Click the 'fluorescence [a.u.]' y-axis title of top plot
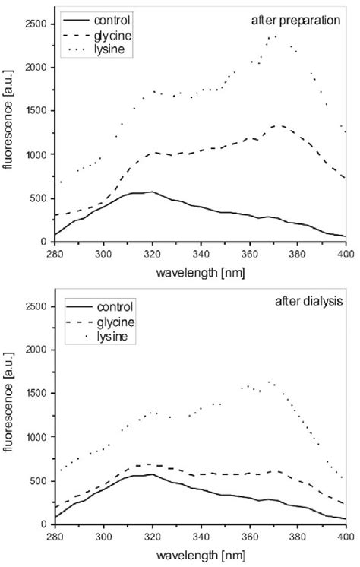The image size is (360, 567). tap(9, 133)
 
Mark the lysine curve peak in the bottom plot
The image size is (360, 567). tap(269, 382)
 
